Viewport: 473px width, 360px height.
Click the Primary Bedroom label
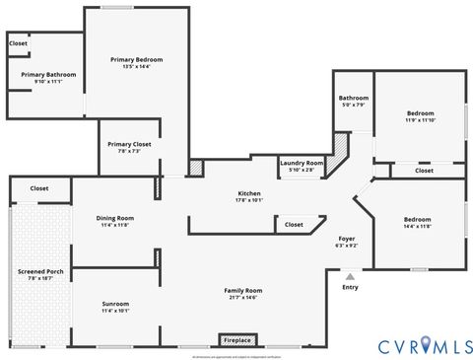[136, 59]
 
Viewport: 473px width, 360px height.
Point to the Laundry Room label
[302, 163]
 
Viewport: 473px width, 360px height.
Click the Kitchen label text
[248, 192]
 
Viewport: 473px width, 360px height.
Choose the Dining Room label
[114, 218]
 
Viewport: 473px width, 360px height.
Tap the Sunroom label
[115, 303]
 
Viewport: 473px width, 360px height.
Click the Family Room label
[241, 291]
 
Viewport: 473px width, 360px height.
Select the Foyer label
[347, 239]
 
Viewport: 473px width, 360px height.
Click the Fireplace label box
[236, 339]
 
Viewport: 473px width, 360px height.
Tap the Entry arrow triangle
[349, 277]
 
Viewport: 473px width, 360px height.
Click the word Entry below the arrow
[350, 287]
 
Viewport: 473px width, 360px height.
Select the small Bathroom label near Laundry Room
[354, 98]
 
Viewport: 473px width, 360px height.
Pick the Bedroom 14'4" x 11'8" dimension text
[417, 226]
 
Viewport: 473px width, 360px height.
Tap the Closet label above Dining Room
[39, 187]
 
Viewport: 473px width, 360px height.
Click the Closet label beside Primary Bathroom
[18, 43]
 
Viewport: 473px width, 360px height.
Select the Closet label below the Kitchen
[294, 224]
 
